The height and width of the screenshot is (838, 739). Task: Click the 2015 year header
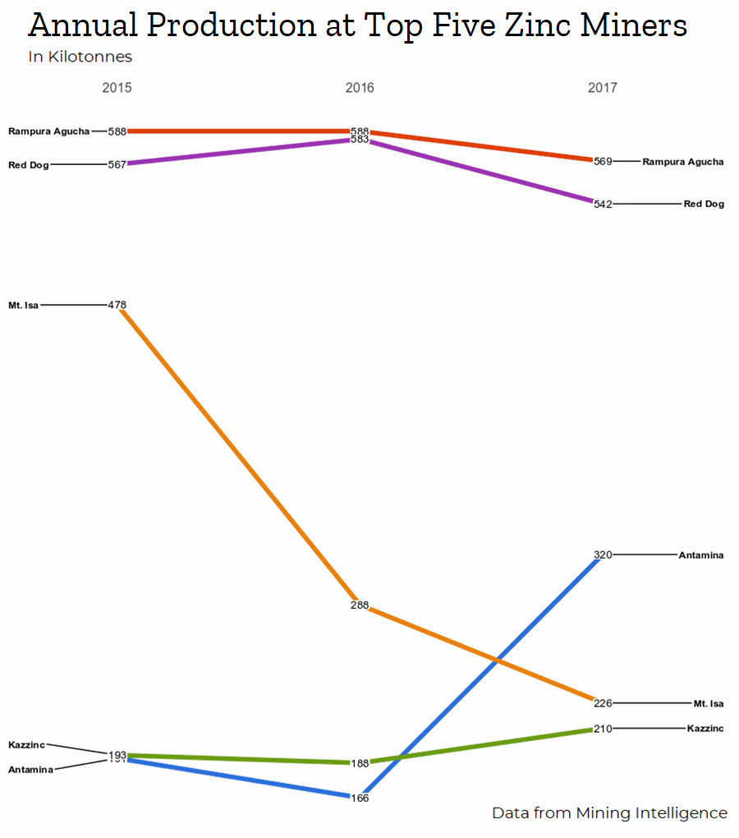[x=117, y=88]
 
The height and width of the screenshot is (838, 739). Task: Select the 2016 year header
[x=360, y=88]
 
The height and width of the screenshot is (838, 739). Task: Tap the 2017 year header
[x=603, y=88]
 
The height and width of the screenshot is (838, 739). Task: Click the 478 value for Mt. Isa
[x=117, y=305]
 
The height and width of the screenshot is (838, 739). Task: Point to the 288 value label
[x=360, y=605]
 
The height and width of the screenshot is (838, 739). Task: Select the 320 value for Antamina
[x=603, y=555]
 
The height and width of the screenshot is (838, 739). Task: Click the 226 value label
[x=603, y=703]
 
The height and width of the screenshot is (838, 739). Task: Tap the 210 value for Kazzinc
[x=603, y=729]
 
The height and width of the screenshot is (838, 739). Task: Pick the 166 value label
[x=360, y=798]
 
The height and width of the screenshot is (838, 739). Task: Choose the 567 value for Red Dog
[x=117, y=164]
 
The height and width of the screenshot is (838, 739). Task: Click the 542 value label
[x=603, y=204]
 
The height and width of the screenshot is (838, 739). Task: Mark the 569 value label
[x=603, y=162]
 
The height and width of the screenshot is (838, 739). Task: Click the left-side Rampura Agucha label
[x=48, y=131]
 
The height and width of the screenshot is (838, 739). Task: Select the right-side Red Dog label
[x=704, y=204]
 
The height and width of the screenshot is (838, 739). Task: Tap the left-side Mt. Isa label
[x=23, y=306]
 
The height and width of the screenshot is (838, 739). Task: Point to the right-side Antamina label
[x=701, y=555]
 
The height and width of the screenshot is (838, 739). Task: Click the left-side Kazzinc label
[x=26, y=744]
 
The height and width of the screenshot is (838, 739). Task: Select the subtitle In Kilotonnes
[x=80, y=57]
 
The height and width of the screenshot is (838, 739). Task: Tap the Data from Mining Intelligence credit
[x=609, y=813]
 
